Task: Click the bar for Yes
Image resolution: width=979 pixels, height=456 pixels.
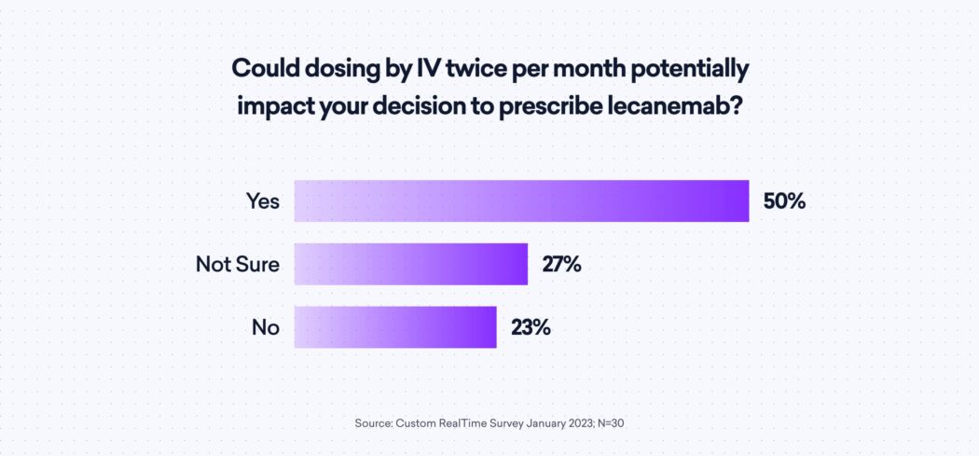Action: click(521, 200)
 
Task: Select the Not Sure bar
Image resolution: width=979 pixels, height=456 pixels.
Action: click(411, 264)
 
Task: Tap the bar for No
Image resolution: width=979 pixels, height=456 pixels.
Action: click(395, 327)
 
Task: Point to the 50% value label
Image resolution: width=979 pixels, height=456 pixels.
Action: click(784, 200)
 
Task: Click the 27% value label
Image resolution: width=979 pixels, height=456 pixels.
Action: click(562, 264)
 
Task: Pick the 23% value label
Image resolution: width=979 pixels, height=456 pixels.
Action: click(531, 327)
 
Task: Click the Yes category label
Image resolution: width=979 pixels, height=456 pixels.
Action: click(263, 200)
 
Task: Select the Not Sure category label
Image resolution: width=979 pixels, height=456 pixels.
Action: click(238, 264)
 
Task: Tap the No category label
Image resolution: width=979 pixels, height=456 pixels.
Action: click(266, 327)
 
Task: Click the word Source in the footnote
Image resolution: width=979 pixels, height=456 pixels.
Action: click(373, 423)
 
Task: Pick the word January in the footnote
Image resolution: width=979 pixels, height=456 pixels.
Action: click(542, 423)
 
